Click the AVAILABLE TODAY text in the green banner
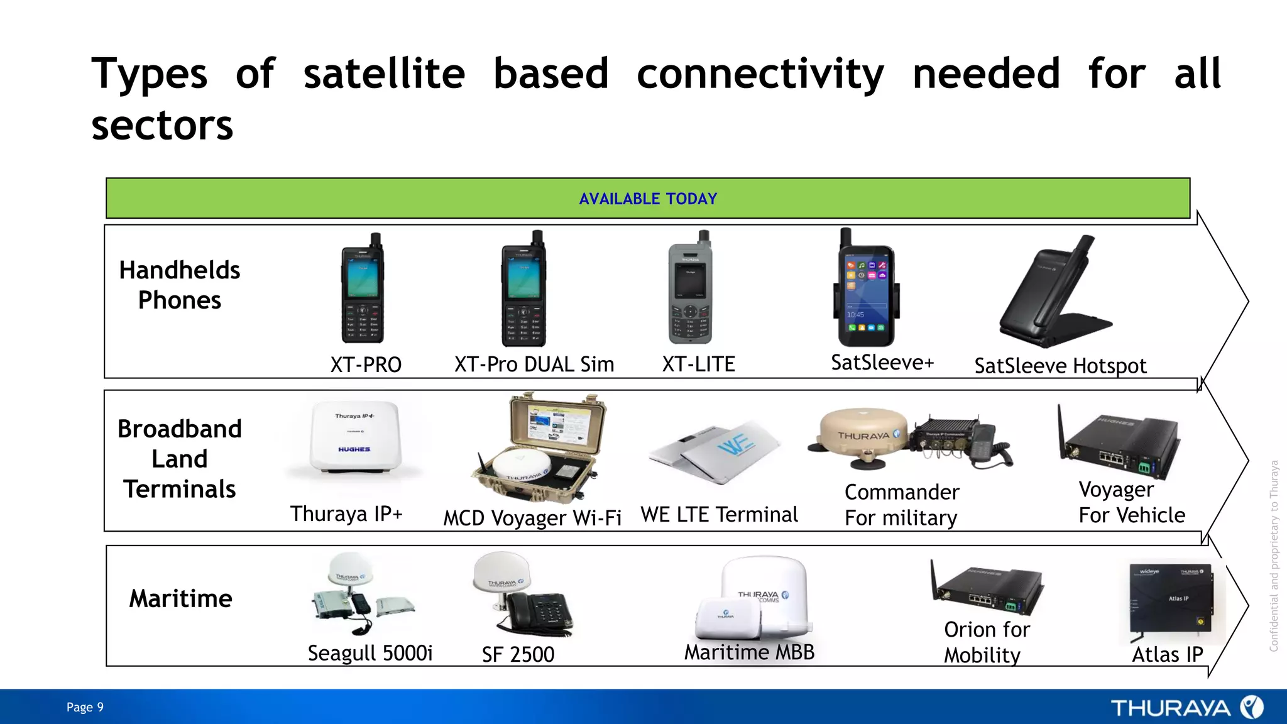coord(648,199)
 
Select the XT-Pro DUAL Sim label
coord(534,365)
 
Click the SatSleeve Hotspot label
coord(1060,366)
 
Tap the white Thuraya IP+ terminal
coord(354,438)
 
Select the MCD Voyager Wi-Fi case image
coord(539,449)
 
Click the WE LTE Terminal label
coord(719,515)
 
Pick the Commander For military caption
coord(902,505)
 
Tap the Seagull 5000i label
coord(370,654)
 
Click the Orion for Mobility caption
coord(986,642)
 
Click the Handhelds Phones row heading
coord(180,285)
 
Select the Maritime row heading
coord(180,598)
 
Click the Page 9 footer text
coord(85,707)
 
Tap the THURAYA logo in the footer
coord(1186,708)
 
